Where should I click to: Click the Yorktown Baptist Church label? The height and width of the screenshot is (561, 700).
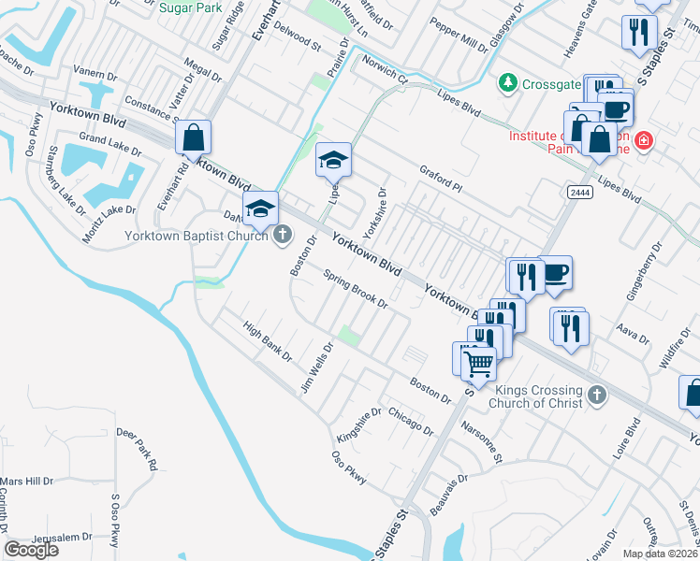198,236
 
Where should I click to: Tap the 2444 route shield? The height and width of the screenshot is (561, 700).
577,192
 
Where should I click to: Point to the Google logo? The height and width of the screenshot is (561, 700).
31,550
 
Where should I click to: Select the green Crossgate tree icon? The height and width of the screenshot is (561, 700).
508,83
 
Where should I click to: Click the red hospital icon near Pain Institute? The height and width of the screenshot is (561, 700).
643,142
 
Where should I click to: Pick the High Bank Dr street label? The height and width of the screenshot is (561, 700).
268,343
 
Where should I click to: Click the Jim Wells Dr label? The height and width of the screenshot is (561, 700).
316,367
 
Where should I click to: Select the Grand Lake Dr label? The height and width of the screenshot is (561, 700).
110,143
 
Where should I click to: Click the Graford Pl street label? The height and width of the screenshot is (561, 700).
442,179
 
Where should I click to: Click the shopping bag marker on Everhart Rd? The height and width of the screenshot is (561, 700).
192,139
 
